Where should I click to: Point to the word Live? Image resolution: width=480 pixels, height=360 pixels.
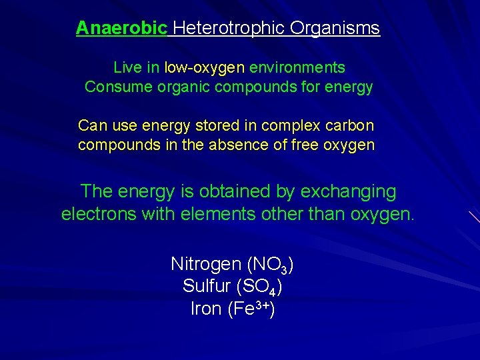[127, 67]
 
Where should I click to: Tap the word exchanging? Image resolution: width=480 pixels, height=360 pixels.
[348, 192]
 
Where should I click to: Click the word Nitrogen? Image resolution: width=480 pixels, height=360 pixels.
[206, 264]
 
